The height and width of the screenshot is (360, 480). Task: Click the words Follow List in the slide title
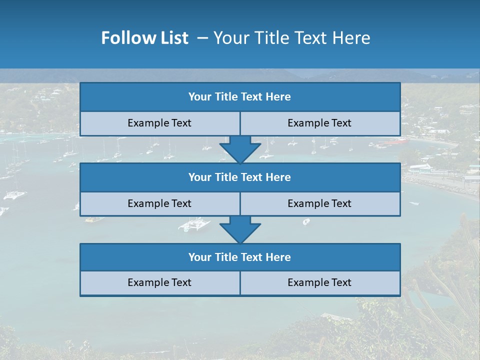click(144, 38)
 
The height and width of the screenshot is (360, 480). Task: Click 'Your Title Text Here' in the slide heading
click(291, 38)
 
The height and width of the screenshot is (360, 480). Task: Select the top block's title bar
click(240, 97)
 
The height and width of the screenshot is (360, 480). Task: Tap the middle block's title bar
click(240, 177)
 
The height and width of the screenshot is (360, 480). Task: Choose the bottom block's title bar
click(240, 257)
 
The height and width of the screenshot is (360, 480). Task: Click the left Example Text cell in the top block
click(159, 123)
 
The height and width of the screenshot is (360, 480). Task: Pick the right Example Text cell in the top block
click(319, 123)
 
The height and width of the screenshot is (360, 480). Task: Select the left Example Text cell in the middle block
click(159, 203)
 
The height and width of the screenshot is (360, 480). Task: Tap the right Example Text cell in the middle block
click(319, 203)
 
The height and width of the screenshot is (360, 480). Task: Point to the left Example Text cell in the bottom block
click(159, 282)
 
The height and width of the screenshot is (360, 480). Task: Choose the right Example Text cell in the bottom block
click(319, 282)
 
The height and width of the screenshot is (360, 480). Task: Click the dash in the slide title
click(202, 38)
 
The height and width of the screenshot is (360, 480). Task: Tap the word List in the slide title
click(174, 38)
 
